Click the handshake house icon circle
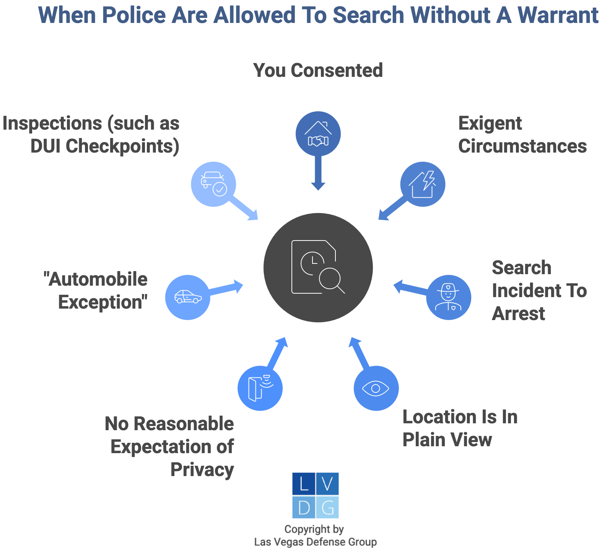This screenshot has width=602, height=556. pos(318,134)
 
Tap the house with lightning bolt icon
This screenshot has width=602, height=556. pos(423,184)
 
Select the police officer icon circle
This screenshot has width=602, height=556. pos(449,298)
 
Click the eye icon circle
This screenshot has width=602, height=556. pos(376,389)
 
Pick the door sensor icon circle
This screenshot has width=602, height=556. pos(260,389)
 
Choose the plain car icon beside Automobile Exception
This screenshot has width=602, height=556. pos(188,297)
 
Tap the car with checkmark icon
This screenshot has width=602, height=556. pos(214,184)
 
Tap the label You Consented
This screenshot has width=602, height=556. pos(318,70)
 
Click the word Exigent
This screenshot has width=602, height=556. pos(490,124)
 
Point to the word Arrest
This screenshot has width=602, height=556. pos(518,314)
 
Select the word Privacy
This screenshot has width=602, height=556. pos(202,470)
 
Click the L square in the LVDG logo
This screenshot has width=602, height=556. pos(304,484)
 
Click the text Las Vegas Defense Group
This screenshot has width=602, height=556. pos(316,542)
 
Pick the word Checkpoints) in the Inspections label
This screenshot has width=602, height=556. pos(122,146)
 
